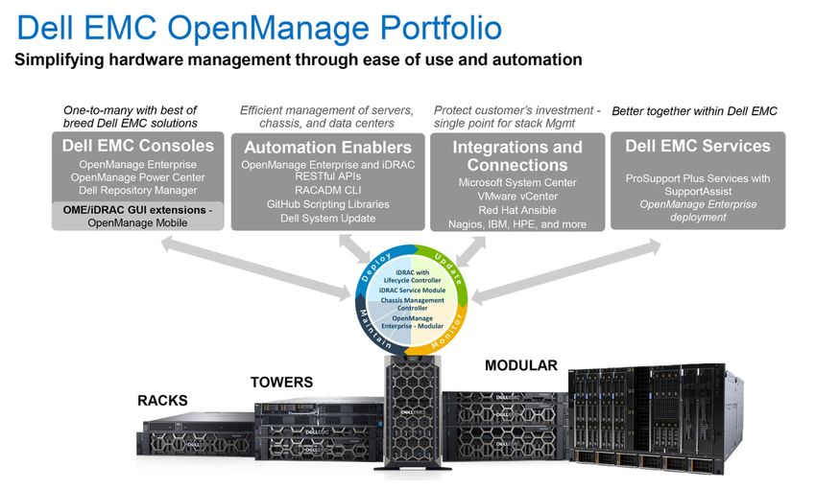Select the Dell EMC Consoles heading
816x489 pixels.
point(137,147)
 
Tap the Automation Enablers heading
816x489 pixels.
point(327,148)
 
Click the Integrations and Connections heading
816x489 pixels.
point(516,155)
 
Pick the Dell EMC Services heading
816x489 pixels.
point(697,147)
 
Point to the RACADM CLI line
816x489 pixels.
point(327,190)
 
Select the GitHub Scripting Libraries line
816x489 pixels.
point(327,204)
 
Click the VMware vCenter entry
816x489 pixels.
point(517,196)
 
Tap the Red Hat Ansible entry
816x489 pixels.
point(517,210)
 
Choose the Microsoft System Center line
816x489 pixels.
point(517,182)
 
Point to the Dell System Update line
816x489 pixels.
point(327,219)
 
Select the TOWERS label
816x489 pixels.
point(281,382)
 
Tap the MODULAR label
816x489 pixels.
point(521,365)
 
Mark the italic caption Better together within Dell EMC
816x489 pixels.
point(694,111)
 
